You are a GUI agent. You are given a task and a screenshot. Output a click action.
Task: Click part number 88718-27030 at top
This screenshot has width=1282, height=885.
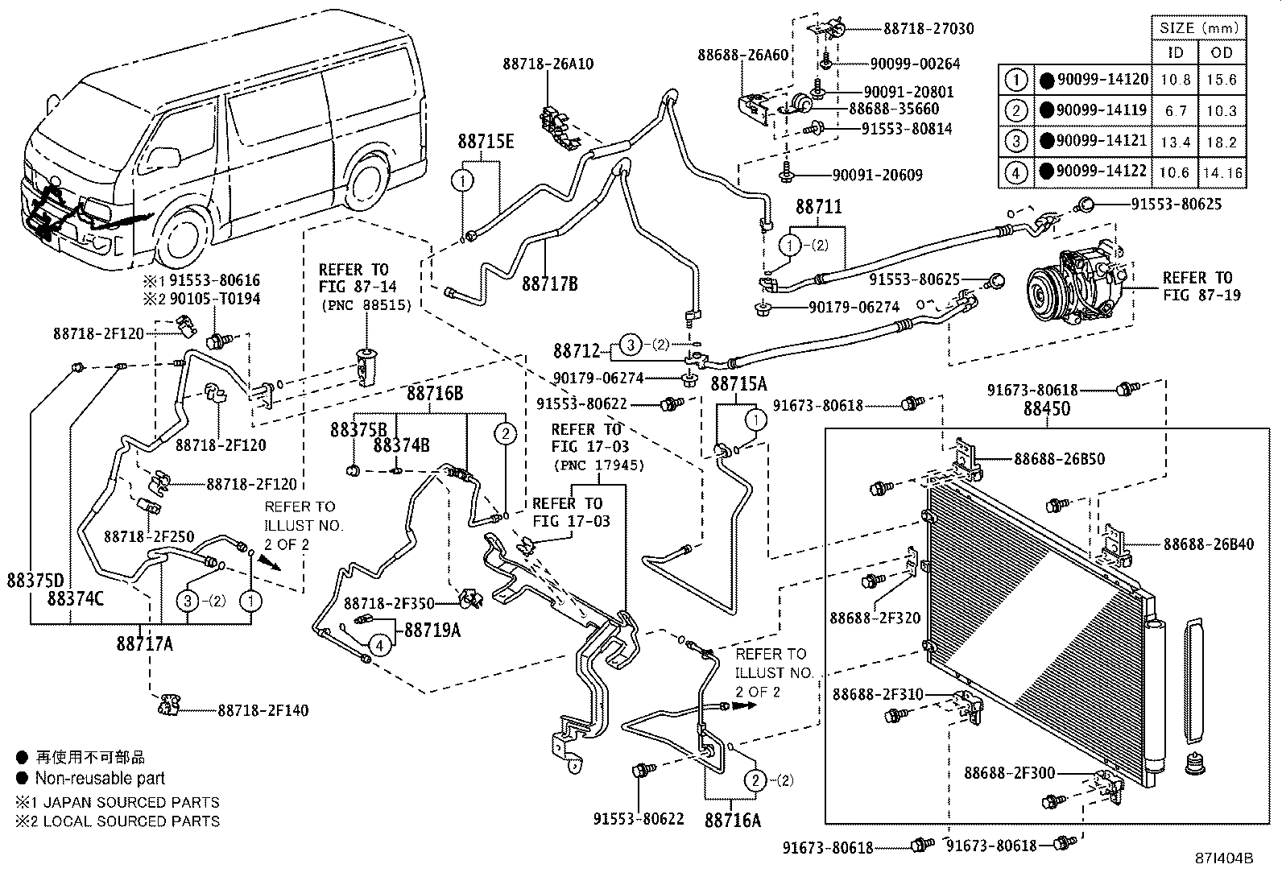click(928, 29)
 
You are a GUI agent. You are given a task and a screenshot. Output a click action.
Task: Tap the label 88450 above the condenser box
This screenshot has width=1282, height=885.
click(1046, 409)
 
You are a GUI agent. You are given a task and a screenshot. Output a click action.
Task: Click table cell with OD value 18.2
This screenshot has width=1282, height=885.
click(1222, 142)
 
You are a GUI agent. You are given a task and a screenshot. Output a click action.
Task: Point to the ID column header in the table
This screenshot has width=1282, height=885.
click(1176, 53)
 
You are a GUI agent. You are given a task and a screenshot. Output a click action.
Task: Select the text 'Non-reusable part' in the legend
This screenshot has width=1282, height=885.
click(100, 779)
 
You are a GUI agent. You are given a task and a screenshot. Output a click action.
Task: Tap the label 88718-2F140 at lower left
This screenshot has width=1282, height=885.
click(263, 710)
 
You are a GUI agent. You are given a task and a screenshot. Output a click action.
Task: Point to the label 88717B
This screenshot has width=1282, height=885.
click(549, 283)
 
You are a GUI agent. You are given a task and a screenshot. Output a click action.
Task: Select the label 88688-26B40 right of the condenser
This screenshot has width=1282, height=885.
click(1208, 544)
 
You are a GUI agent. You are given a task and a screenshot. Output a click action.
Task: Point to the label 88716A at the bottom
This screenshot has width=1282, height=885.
click(732, 820)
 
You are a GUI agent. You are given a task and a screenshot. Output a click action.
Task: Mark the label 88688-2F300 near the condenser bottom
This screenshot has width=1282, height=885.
click(1008, 773)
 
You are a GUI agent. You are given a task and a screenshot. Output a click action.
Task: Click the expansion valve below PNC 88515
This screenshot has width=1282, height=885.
click(367, 367)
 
